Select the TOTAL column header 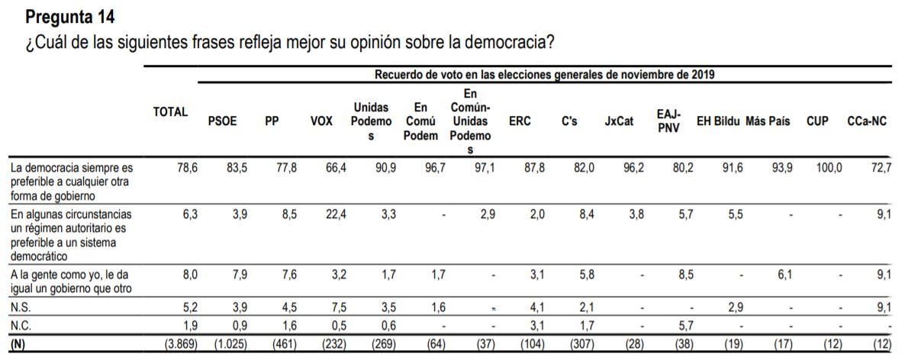170,111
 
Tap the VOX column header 321,121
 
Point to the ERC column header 520,121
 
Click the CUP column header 817,121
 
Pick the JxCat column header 619,121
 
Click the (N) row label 18,344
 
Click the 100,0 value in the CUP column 829,168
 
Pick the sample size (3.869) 182,344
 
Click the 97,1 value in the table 483,168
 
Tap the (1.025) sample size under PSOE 230,344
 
